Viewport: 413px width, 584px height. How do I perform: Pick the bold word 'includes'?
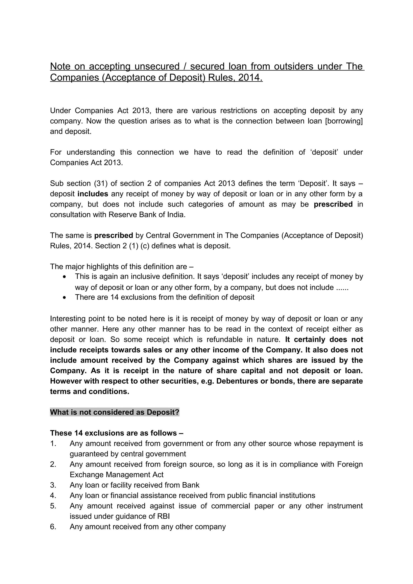click(x=93, y=194)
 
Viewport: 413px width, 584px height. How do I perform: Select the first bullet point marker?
click(x=65, y=277)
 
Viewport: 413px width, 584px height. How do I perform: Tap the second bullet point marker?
click(x=65, y=297)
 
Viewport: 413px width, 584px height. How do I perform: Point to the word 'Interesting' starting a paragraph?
click(x=67, y=319)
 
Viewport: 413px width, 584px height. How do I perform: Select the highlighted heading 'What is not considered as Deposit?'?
click(x=115, y=412)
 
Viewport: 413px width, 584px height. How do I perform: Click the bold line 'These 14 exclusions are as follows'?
click(x=117, y=433)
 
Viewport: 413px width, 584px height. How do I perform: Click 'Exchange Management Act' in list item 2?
click(x=117, y=475)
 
